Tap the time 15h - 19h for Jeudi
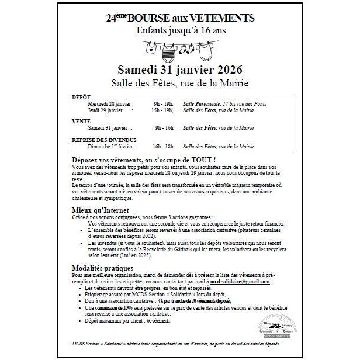(x=162, y=109)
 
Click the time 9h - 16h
(x=164, y=127)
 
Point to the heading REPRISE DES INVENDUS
(x=103, y=140)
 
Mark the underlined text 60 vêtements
(x=158, y=321)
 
